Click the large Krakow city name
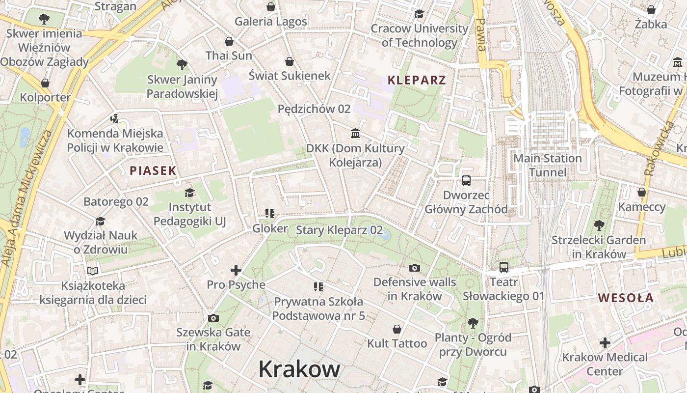pos(299,368)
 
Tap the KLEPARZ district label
pos(417,80)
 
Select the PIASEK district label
pos(153,170)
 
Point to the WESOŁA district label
pos(626,298)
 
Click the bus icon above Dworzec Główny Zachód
pos(466,181)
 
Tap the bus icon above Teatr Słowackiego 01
pos(504,267)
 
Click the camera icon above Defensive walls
pos(415,268)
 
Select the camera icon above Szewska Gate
pos(213,318)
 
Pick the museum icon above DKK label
pos(355,134)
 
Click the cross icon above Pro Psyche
pos(236,270)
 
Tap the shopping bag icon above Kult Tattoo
pos(397,329)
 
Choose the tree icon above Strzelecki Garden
pos(599,225)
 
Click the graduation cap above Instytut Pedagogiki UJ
pos(189,193)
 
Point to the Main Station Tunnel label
pos(547,165)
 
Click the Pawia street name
pos(480,34)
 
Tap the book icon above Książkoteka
pos(93,271)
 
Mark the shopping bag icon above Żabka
pos(651,10)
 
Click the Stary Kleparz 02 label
pos(339,230)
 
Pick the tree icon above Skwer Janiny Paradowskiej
pos(182,64)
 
